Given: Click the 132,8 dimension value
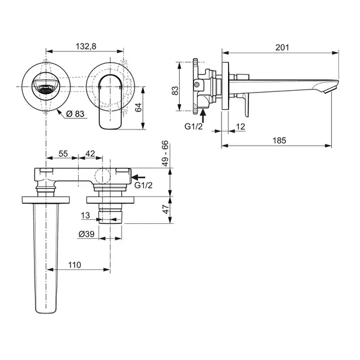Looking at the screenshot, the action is pyautogui.click(x=86, y=47).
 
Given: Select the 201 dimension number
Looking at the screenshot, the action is pyautogui.click(x=282, y=48).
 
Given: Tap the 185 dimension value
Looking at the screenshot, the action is pyautogui.click(x=279, y=140).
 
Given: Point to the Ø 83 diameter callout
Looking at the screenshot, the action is pyautogui.click(x=75, y=113).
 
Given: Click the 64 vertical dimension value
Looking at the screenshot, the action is pyautogui.click(x=139, y=107).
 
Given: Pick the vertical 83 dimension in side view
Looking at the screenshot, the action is pyautogui.click(x=175, y=91).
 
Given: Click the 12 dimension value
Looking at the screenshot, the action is pyautogui.click(x=241, y=127).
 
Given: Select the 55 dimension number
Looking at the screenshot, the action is pyautogui.click(x=63, y=153).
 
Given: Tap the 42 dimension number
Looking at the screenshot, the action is pyautogui.click(x=90, y=153).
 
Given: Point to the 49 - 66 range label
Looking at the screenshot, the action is pyautogui.click(x=165, y=153).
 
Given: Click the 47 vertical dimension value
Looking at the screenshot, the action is pyautogui.click(x=165, y=209).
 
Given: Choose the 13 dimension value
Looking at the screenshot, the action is pyautogui.click(x=85, y=216).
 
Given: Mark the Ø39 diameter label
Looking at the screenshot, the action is pyautogui.click(x=87, y=234).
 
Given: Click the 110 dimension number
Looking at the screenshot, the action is pyautogui.click(x=75, y=265).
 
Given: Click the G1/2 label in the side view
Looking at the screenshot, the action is pyautogui.click(x=193, y=127).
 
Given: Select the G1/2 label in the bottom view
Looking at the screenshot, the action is pyautogui.click(x=143, y=185).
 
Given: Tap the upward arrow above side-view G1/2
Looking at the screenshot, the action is pyautogui.click(x=202, y=116).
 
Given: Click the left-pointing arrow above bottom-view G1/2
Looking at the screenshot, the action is pyautogui.click(x=139, y=177).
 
